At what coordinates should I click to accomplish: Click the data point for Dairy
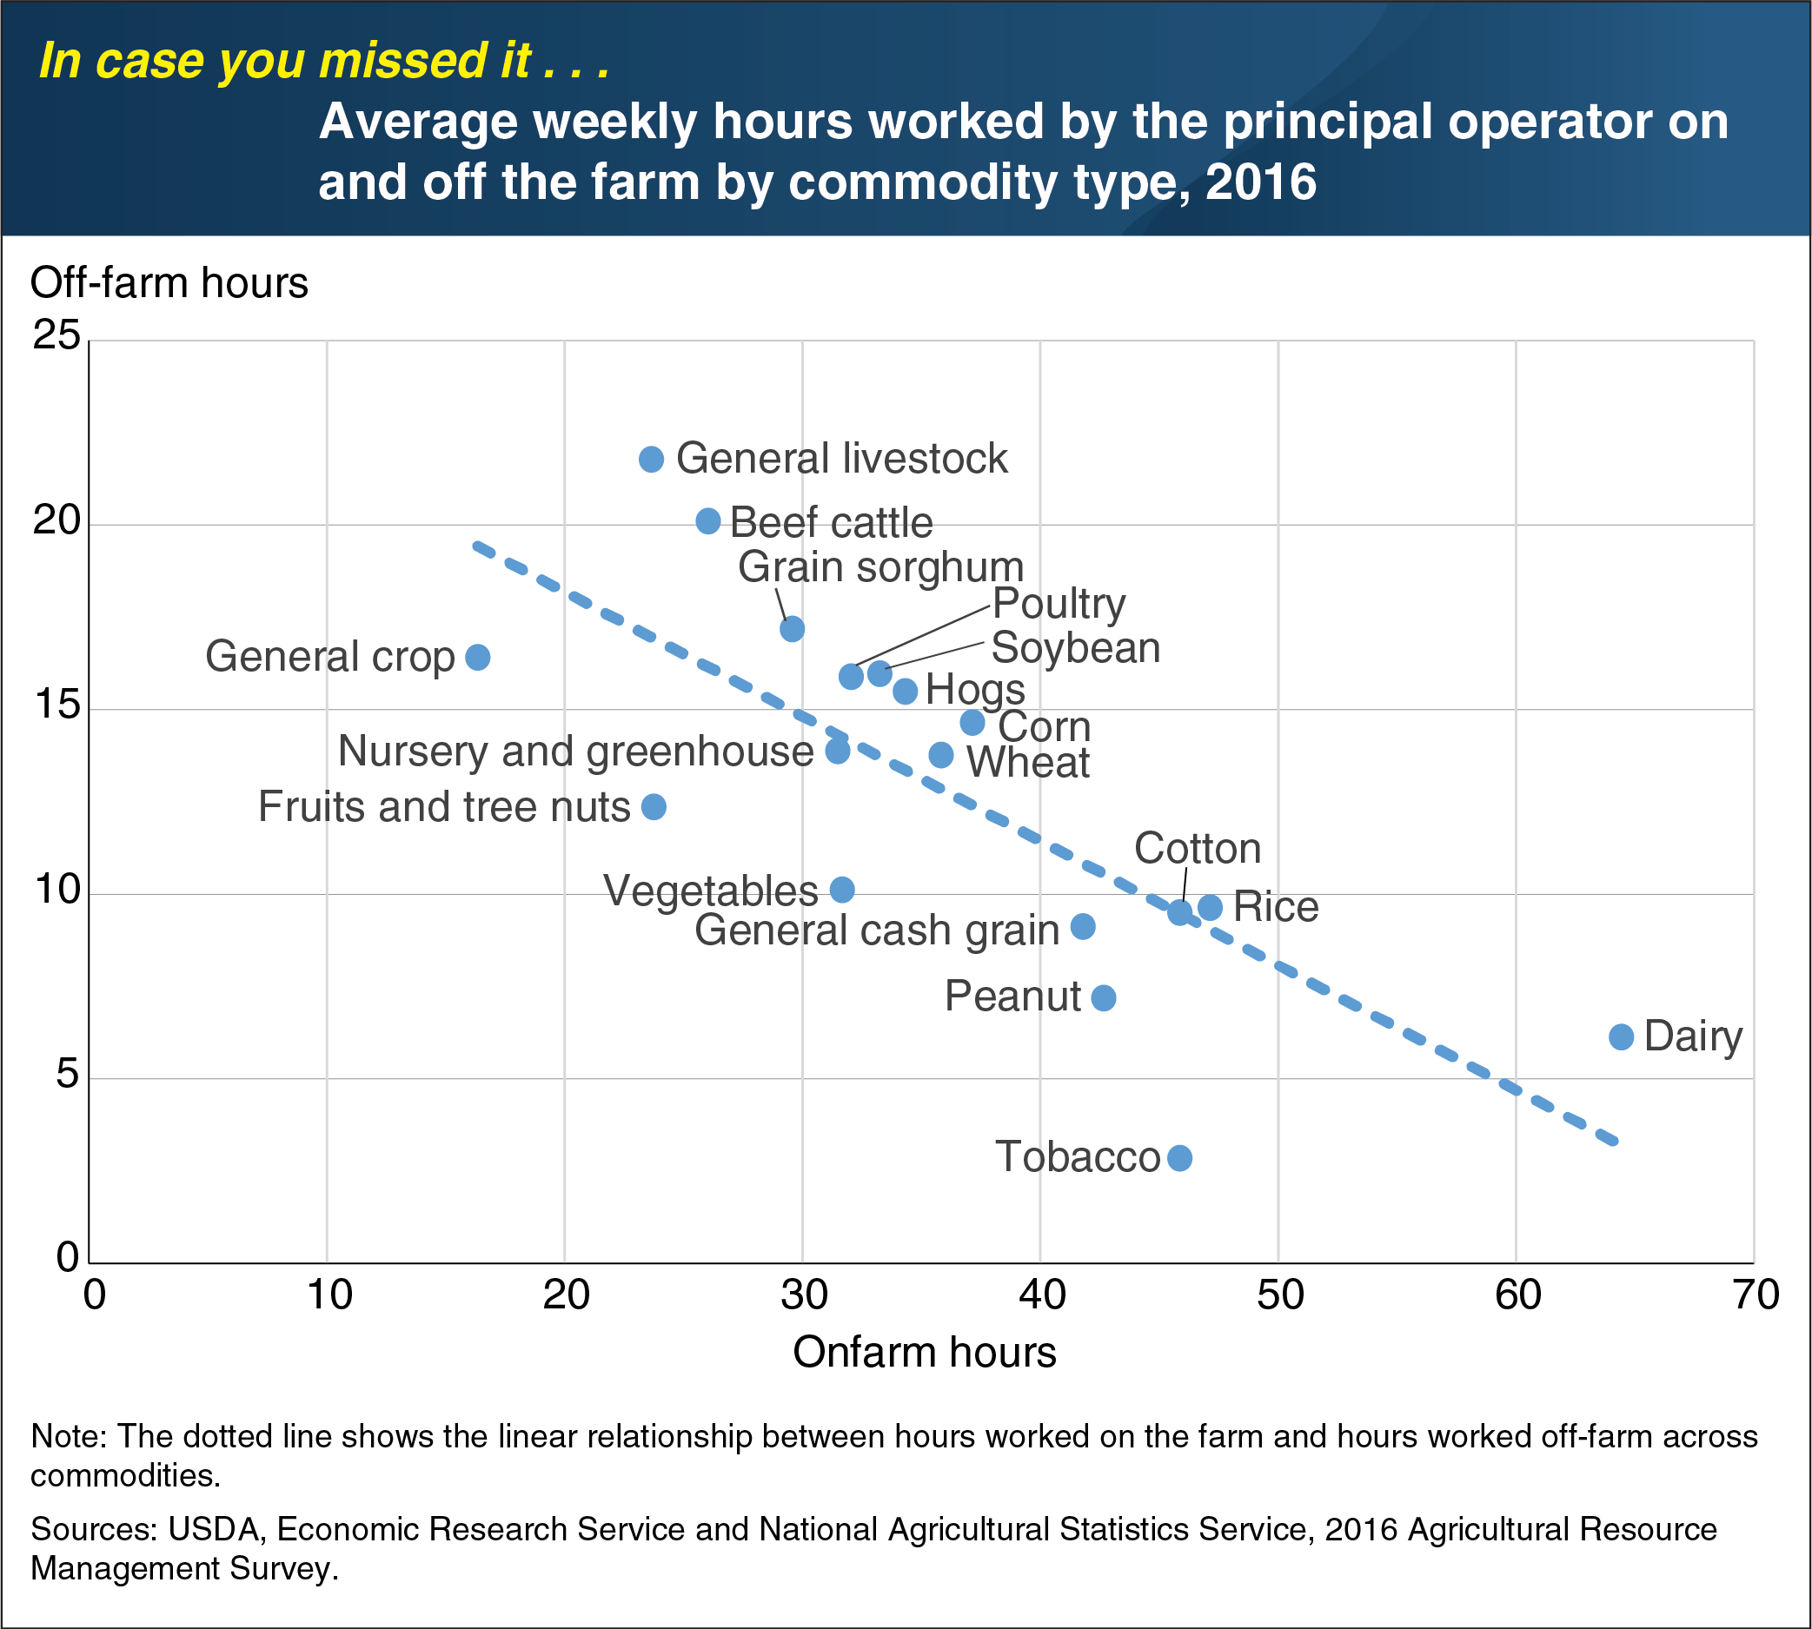(x=1622, y=1036)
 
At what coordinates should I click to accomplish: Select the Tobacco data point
(x=1180, y=1157)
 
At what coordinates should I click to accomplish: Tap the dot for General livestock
(x=651, y=460)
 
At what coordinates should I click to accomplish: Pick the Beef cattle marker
(x=708, y=521)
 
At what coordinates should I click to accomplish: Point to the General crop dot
(x=478, y=657)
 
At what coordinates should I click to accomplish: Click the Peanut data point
(x=1104, y=997)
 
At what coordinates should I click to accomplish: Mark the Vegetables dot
(x=842, y=889)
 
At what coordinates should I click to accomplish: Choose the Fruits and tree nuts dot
(x=654, y=806)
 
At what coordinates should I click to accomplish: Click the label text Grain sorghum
(x=880, y=567)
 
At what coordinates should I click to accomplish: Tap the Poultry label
(x=1059, y=604)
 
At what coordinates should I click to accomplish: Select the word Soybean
(x=1075, y=647)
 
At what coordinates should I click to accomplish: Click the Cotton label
(x=1197, y=849)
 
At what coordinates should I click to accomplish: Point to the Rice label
(x=1275, y=907)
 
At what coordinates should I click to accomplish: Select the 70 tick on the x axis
(x=1755, y=1295)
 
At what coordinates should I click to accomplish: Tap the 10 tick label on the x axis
(x=329, y=1295)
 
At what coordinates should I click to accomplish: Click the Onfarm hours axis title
(x=924, y=1352)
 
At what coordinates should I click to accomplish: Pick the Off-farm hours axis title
(x=169, y=283)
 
